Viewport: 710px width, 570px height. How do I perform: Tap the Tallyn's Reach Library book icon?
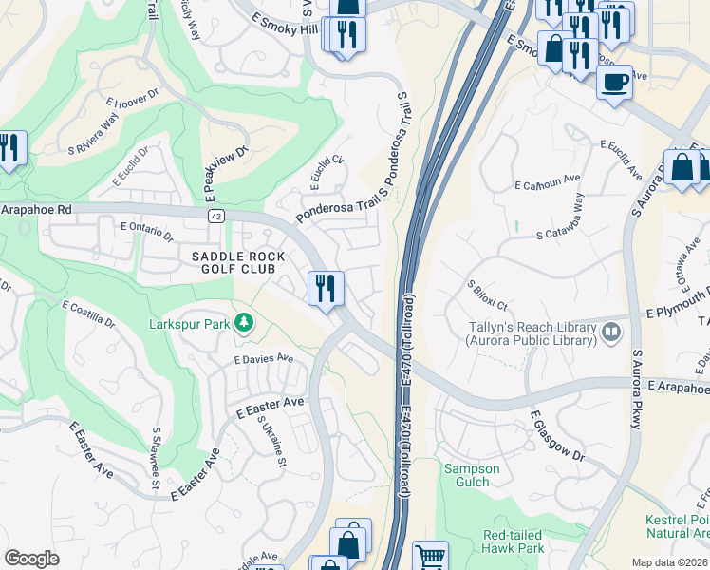click(611, 332)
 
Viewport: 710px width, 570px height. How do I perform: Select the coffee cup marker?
click(615, 82)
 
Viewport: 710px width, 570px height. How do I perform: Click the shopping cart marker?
click(430, 557)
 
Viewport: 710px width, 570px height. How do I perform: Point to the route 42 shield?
click(216, 217)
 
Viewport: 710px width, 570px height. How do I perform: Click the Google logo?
click(31, 559)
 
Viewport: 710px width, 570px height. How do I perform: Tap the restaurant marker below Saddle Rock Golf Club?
click(326, 288)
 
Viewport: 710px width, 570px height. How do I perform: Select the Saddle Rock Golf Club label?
click(233, 263)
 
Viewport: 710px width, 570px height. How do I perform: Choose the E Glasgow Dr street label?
click(556, 438)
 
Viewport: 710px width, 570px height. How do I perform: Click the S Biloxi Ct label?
click(487, 296)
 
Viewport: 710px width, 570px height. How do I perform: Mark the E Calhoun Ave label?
click(547, 179)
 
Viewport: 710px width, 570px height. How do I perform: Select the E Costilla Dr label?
click(88, 316)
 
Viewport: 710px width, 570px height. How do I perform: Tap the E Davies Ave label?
click(263, 359)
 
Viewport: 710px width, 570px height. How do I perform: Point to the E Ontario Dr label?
click(147, 231)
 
